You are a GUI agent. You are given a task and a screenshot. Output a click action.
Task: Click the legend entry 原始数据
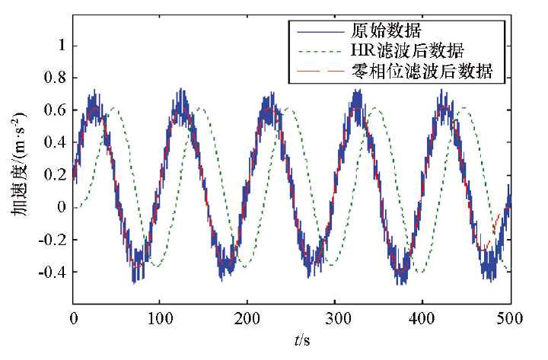click(x=378, y=31)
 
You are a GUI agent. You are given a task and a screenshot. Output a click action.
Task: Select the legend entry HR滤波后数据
click(x=408, y=52)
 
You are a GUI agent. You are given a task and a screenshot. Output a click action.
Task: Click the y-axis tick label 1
click(x=60, y=46)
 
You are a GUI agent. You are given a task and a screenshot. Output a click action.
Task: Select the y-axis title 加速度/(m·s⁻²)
click(x=18, y=164)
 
